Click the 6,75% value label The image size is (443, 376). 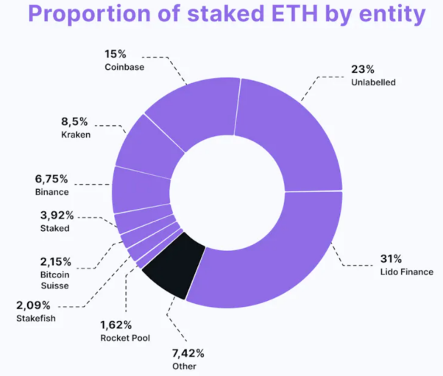click(x=52, y=179)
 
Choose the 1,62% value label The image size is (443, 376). click(x=116, y=324)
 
